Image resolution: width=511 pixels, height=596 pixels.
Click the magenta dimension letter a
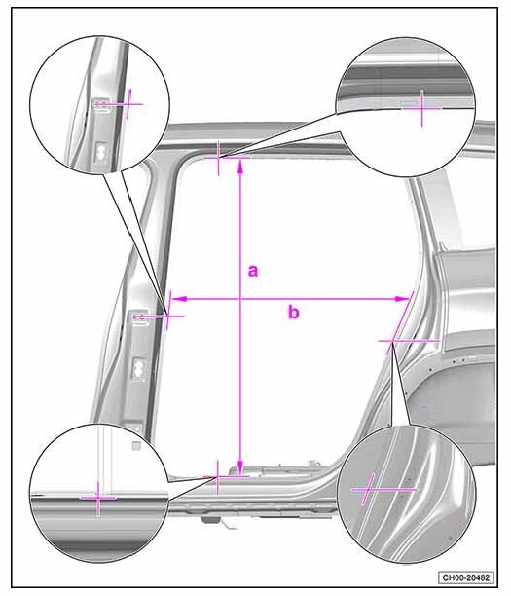(253, 271)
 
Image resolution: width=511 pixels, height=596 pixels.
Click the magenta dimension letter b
(293, 312)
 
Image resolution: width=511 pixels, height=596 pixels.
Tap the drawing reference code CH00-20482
(466, 577)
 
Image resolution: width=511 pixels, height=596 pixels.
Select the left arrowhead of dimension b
(179, 299)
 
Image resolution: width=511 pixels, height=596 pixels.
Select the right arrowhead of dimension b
(401, 299)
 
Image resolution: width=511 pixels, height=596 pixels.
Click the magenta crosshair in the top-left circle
(128, 104)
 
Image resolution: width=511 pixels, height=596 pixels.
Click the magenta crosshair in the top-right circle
(421, 108)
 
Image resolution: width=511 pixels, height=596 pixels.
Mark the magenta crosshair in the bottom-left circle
(98, 498)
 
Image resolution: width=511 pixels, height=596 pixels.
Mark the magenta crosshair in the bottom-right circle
(368, 490)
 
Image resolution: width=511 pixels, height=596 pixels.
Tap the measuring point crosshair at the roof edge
(218, 157)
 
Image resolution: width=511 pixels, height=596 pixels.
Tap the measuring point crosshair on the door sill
(217, 476)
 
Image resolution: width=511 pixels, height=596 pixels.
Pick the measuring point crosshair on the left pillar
(167, 316)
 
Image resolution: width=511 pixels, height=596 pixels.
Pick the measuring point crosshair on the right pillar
(393, 341)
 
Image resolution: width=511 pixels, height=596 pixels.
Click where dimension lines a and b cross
(239, 299)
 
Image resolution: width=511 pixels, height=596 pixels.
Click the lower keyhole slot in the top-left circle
(101, 151)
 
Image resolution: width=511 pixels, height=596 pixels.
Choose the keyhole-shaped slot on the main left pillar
(138, 368)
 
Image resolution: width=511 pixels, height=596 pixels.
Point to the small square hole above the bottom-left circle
(136, 445)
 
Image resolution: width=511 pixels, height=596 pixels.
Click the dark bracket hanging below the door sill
(211, 519)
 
